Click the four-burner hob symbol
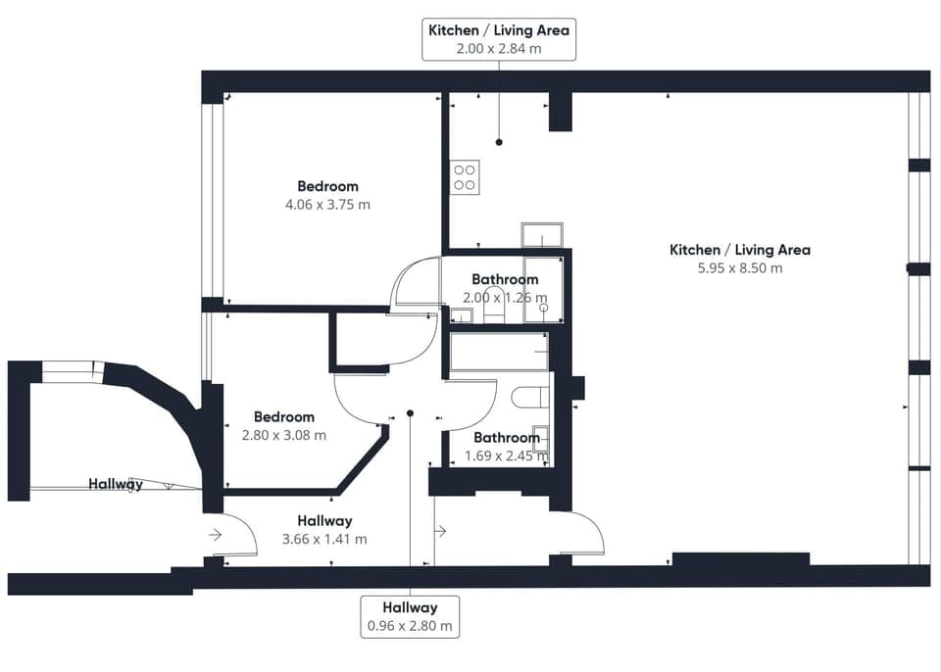pos(465,177)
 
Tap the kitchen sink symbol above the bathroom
pos(542,235)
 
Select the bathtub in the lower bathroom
pos(499,352)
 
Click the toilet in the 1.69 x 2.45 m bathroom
pos(531,397)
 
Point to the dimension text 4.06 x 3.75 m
pos(327,205)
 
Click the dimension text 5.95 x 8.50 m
pos(740,267)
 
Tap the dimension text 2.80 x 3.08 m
pos(284,435)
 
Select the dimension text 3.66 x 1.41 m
pos(324,539)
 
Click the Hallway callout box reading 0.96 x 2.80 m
pos(410,617)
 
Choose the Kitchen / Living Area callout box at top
pos(499,39)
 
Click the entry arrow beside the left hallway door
pos(216,535)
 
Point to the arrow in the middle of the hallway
pos(440,531)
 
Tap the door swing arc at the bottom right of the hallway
pos(588,534)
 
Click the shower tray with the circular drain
pos(543,290)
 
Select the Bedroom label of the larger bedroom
pos(327,186)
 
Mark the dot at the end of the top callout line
pos(499,142)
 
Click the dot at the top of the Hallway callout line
pos(410,413)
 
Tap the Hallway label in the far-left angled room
pos(116,484)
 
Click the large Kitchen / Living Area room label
pos(740,250)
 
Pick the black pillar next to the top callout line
pos(560,112)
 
